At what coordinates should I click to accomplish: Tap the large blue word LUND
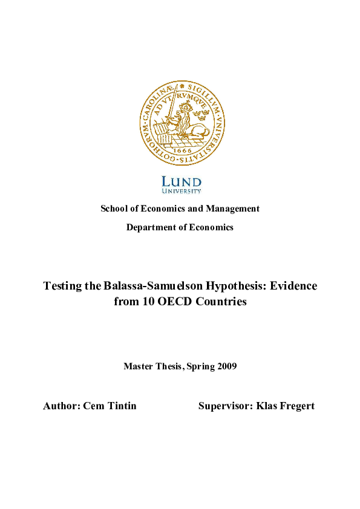[x=182, y=181]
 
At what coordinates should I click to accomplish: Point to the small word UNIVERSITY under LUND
[x=182, y=191]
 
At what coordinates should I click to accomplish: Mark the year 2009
[x=225, y=366]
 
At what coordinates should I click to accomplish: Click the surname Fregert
[x=295, y=406]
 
